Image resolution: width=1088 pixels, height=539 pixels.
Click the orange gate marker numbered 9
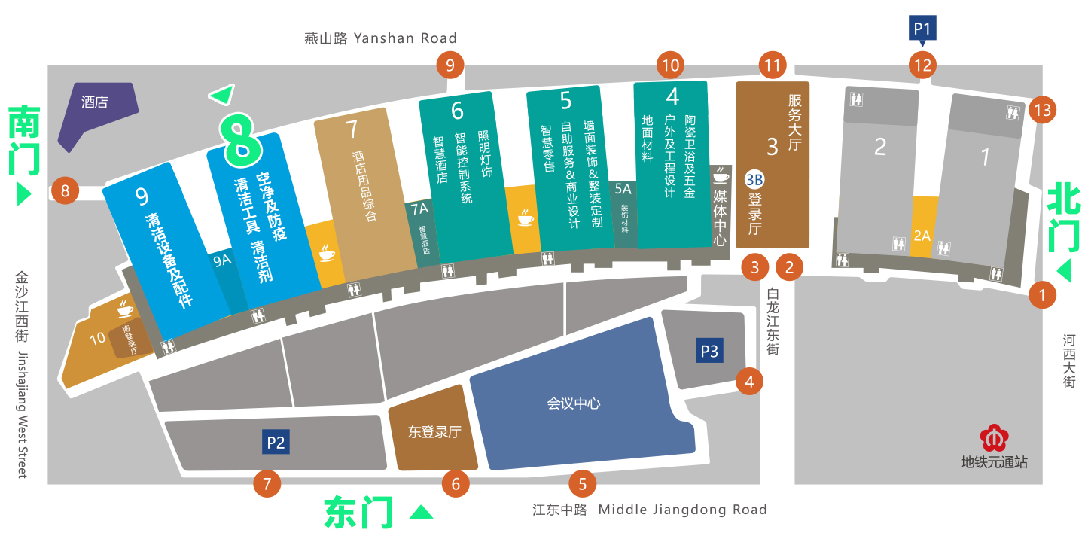click(x=450, y=65)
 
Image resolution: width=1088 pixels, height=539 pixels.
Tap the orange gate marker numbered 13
click(x=1042, y=110)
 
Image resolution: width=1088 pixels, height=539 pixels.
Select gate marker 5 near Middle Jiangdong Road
click(x=581, y=483)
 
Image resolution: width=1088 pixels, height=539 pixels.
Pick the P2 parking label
click(x=276, y=442)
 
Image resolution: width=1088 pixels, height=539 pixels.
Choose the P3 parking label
click(x=709, y=351)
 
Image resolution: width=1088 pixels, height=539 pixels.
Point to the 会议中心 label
click(x=574, y=403)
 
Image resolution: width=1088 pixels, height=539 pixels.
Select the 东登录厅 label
click(x=434, y=432)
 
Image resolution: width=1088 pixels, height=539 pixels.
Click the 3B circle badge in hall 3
click(x=754, y=179)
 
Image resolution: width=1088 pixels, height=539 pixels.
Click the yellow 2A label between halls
click(x=922, y=236)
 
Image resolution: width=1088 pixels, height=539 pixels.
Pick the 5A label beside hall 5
click(x=623, y=190)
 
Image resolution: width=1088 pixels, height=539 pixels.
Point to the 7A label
click(x=419, y=208)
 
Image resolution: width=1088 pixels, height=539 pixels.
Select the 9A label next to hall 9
click(x=221, y=260)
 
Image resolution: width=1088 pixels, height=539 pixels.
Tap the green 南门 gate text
click(x=25, y=143)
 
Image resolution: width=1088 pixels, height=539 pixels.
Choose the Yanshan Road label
click(x=380, y=38)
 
